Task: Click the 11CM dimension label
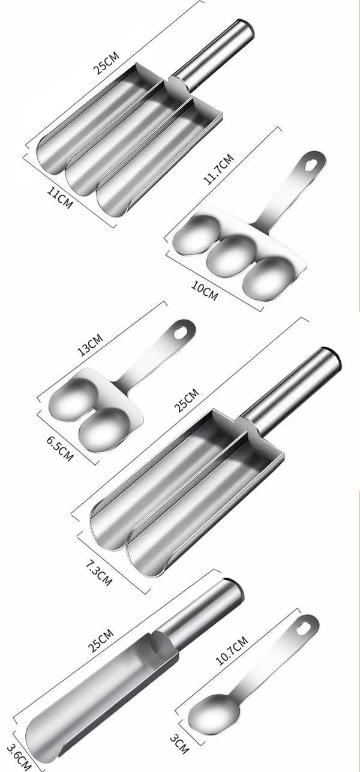pos(60,197)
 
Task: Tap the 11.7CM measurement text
pos(219,169)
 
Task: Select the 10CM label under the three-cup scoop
pos(205,290)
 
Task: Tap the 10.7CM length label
pos(232,651)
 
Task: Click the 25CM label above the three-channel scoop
pos(106,63)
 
